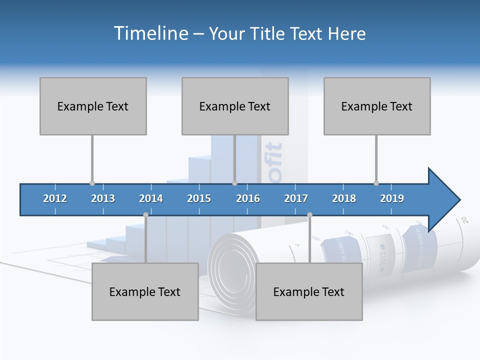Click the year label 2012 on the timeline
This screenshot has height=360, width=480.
point(55,198)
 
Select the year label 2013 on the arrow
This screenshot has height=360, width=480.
point(103,198)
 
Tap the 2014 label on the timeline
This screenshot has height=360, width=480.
point(151,198)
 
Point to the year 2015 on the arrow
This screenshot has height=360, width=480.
point(199,198)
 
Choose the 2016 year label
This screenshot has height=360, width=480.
point(248,198)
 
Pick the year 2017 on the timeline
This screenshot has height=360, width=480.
point(296,198)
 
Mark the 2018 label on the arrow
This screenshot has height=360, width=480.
point(344,198)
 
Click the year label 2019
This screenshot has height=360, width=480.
point(392,198)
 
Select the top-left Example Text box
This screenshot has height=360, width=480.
point(93,106)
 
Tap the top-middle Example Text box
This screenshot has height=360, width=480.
point(235,106)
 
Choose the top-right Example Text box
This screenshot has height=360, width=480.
point(377,106)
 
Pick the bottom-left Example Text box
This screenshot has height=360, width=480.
point(145,291)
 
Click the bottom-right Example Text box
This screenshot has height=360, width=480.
point(309,291)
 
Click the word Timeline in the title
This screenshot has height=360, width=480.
point(150,33)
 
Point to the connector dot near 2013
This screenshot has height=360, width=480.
point(92,183)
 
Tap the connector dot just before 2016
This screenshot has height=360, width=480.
point(234,183)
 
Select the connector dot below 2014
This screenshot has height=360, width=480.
point(145,214)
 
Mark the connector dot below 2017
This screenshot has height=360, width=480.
point(309,214)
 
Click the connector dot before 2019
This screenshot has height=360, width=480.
point(376,183)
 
